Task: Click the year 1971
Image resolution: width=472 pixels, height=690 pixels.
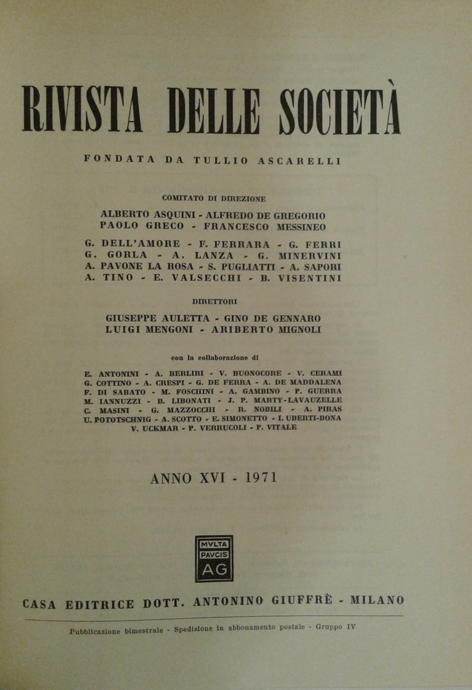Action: tap(260, 477)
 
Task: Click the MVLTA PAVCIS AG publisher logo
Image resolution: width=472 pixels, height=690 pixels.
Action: tap(214, 558)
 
